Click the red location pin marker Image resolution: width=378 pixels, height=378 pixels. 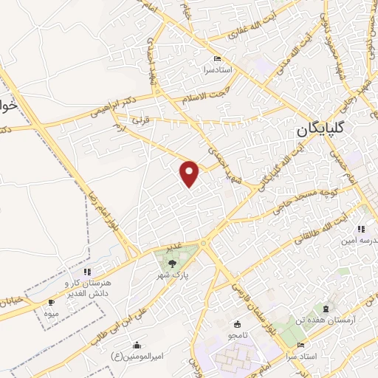[190, 172]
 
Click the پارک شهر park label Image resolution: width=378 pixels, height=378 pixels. [175, 274]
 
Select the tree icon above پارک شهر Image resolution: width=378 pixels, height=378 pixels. [173, 262]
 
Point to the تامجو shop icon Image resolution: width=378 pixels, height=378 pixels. [237, 324]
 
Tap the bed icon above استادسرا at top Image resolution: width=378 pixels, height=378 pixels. [216, 59]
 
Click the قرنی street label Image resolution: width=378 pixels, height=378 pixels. [139, 118]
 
